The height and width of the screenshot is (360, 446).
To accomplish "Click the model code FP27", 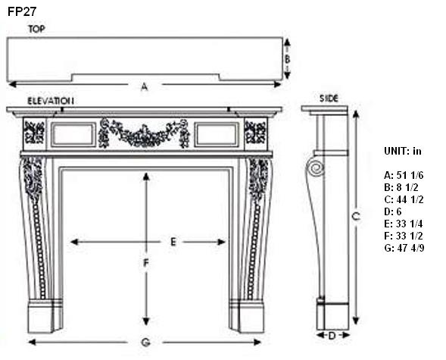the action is coord(22,11).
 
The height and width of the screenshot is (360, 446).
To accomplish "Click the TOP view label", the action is coord(36,29).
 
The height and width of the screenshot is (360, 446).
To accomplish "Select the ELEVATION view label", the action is coord(51,101).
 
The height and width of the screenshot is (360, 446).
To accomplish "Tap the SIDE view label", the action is coord(329,99).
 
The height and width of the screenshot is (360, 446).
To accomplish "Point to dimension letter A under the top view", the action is coord(145,86).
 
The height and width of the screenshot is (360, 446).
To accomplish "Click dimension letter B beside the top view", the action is coord(287,59).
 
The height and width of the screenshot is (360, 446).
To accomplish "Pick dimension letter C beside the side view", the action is coord(356,216).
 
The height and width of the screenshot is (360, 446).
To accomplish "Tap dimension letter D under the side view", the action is coord(332,336).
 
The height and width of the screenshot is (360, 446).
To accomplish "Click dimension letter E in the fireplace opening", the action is coord(173,243).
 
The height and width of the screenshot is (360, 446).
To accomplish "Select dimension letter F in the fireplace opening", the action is coord(146,263).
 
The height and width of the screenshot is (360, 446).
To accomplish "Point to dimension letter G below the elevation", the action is coord(145,342).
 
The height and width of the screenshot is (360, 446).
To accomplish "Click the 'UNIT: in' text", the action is coord(403,151).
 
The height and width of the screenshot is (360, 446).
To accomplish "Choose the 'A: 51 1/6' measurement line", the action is coord(404,175).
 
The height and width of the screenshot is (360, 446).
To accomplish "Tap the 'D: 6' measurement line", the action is coord(392,211).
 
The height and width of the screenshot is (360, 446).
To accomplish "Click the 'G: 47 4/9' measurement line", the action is coord(404,248).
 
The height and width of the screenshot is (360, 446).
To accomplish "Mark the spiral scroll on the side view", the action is coord(316,168).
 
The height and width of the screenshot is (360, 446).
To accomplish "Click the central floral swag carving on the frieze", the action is coord(145,133).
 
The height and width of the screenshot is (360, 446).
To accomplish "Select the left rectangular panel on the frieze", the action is coord(73,135).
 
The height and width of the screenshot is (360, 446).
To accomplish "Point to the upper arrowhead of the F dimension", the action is coord(146,177).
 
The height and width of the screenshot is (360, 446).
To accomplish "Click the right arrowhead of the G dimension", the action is coord(257,342).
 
